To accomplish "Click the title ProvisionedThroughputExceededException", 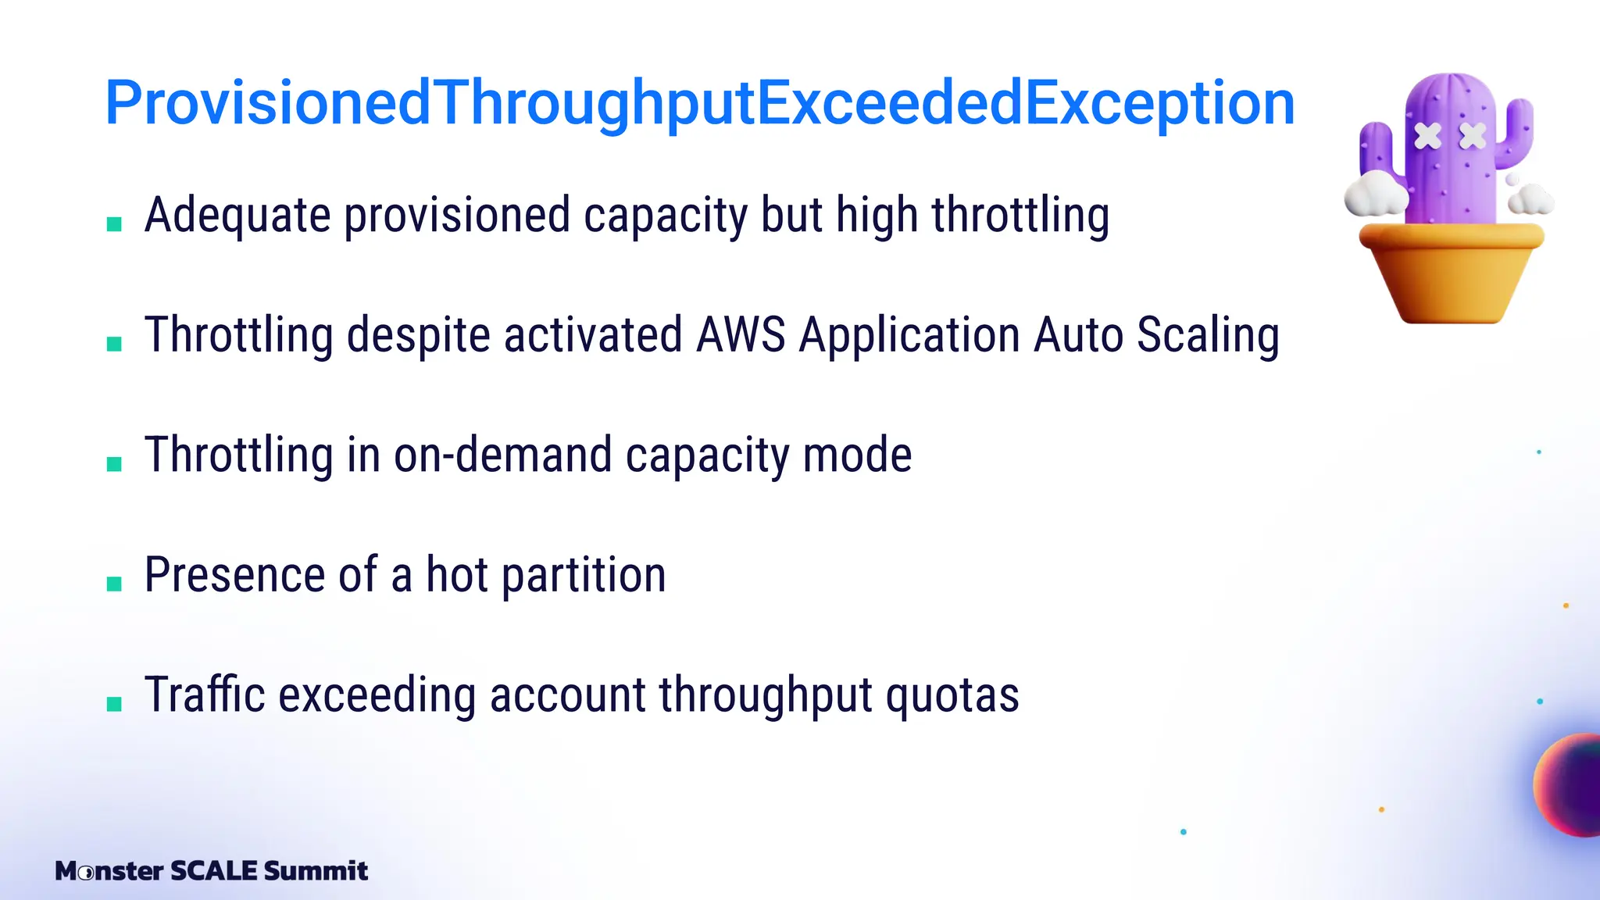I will [x=699, y=103].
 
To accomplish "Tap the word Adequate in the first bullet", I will [x=237, y=216].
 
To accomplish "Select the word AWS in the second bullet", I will [x=740, y=335].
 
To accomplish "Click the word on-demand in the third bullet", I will [x=502, y=455].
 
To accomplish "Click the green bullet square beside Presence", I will [x=114, y=584].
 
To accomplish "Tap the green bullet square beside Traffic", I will [x=114, y=704].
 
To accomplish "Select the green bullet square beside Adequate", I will [x=114, y=224].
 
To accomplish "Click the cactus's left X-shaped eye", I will [x=1428, y=136].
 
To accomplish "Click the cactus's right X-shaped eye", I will [x=1473, y=136].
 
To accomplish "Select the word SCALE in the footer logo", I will [x=213, y=870].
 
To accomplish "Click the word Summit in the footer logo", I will [x=316, y=870].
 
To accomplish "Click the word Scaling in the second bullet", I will [x=1208, y=335].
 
